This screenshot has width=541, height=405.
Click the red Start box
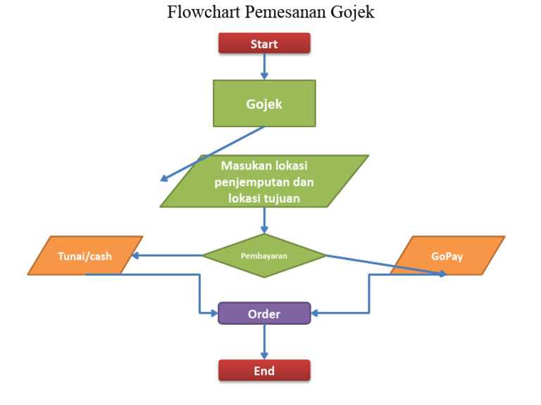(264, 44)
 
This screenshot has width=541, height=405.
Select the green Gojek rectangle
(264, 103)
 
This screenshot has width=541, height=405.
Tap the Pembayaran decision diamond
(264, 256)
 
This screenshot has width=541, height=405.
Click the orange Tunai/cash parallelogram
(85, 256)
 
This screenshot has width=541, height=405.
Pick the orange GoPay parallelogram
(447, 256)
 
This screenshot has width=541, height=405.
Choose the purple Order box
(264, 314)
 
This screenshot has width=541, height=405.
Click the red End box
(264, 371)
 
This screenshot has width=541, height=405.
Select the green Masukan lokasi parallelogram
(264, 181)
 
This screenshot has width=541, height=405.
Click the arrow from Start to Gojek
(264, 66)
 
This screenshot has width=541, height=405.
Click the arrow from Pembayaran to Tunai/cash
(169, 255)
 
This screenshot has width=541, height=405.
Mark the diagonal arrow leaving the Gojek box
(211, 154)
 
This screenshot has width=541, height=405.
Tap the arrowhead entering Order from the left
(213, 314)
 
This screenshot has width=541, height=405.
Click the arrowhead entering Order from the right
(316, 314)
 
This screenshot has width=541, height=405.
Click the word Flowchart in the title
(199, 13)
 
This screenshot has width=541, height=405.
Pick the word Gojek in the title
(352, 13)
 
